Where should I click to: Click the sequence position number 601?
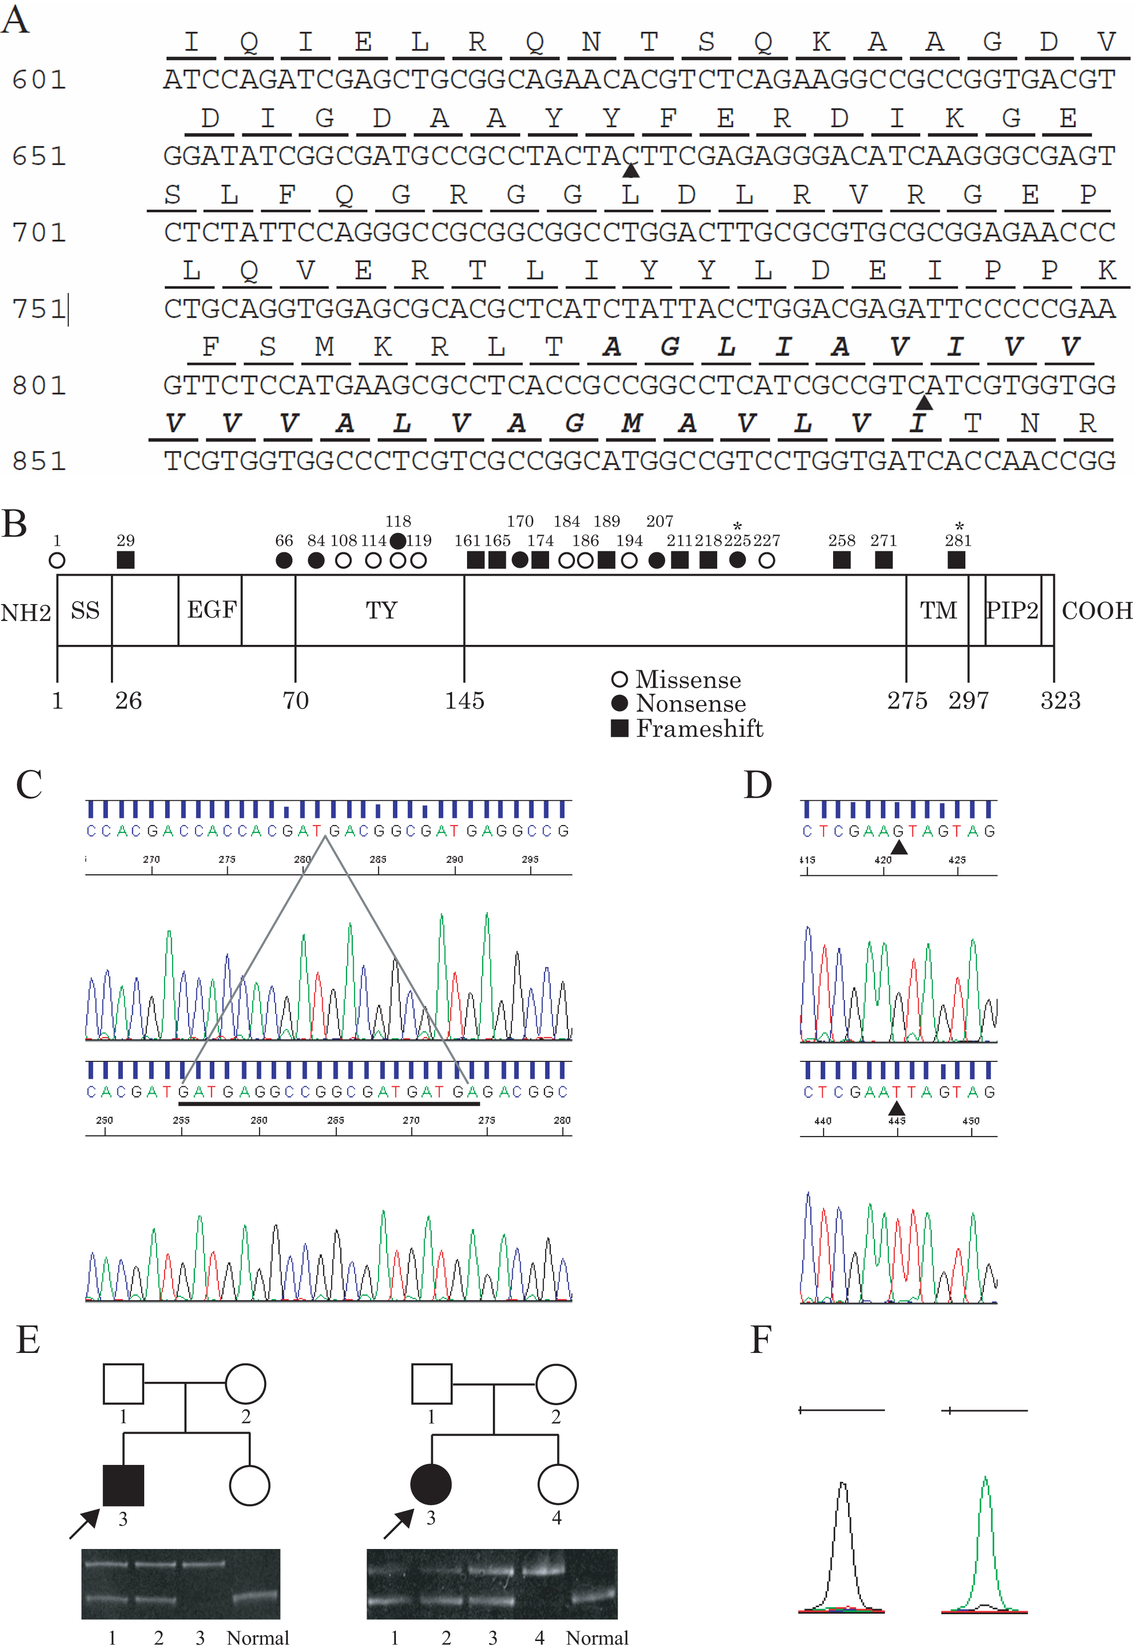pos(39,80)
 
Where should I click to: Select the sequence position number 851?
pos(39,461)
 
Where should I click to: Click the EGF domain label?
pos(211,610)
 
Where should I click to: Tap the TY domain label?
pos(381,610)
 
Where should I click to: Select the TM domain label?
pos(938,610)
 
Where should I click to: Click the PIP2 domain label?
pos(1012,610)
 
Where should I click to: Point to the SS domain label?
pos(85,610)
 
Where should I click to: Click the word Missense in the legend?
pos(688,680)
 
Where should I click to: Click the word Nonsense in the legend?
pos(691,704)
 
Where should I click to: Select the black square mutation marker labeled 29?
pos(126,560)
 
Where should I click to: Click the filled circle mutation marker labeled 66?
pos(284,561)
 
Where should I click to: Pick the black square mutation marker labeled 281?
pos(956,560)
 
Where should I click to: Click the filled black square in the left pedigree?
pos(124,1485)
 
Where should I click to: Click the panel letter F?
pos(761,1340)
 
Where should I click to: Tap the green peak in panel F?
pos(985,1528)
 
